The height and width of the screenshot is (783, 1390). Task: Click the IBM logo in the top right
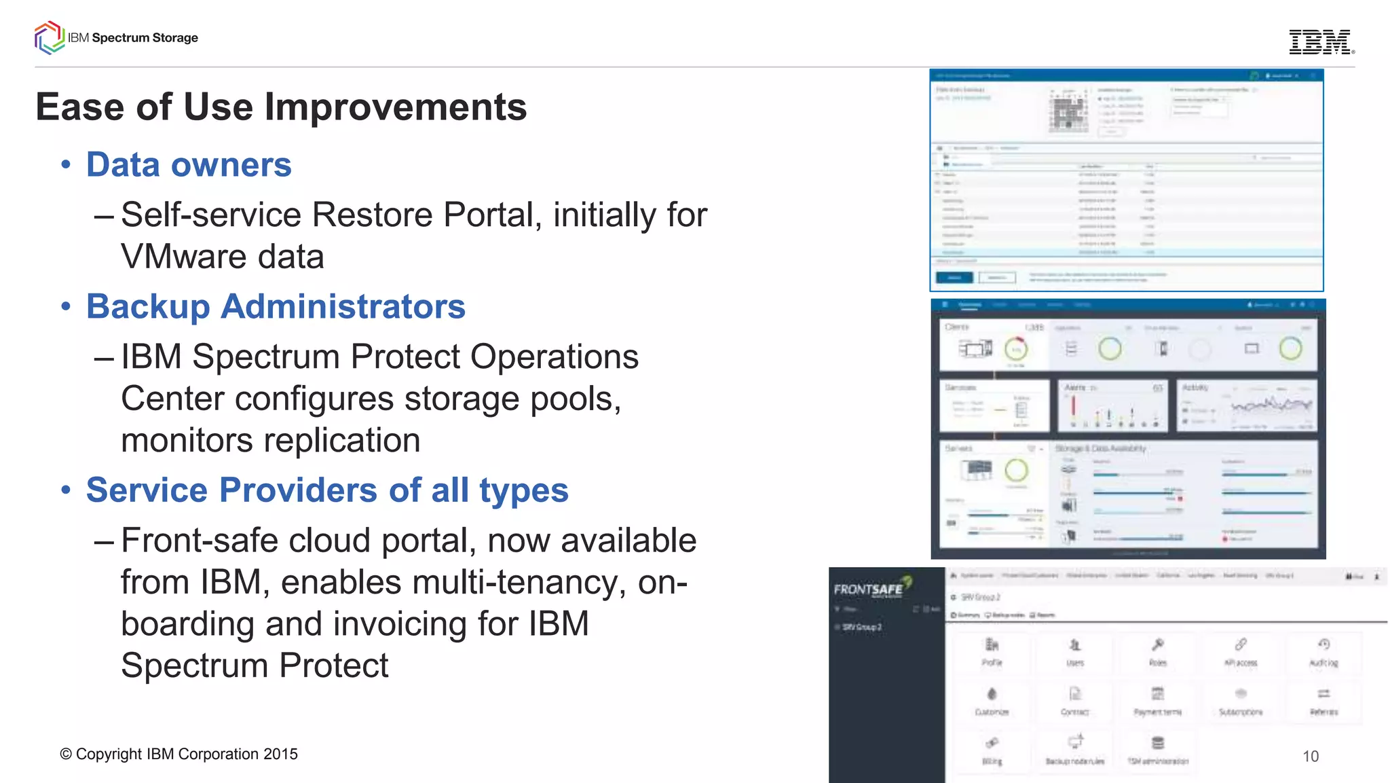(x=1320, y=42)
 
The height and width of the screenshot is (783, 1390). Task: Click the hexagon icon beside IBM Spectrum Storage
(x=49, y=37)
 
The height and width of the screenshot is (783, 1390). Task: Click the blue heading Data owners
(x=189, y=165)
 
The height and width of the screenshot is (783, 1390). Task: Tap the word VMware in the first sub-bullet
(x=177, y=257)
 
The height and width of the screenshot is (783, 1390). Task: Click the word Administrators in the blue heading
(x=343, y=306)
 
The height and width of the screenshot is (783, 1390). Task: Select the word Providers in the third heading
(x=299, y=490)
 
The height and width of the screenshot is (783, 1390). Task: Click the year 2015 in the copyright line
(x=280, y=754)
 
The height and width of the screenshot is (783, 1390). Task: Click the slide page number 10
(x=1311, y=757)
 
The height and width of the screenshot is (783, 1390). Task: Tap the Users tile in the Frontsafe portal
(x=1074, y=651)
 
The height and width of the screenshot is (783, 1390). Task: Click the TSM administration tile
(x=1158, y=750)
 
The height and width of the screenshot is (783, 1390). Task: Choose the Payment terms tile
(x=1158, y=701)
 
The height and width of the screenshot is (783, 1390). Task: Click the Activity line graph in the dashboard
(x=1271, y=406)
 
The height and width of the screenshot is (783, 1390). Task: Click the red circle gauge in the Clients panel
(x=1015, y=349)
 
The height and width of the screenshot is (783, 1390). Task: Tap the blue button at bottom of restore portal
(x=954, y=277)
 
